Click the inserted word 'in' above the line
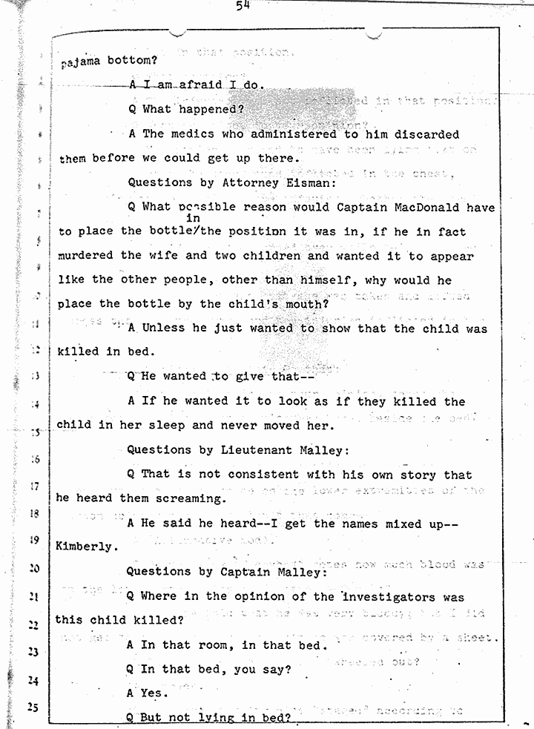point(194,219)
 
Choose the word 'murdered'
point(85,255)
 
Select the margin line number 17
point(34,487)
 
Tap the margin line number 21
point(33,596)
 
